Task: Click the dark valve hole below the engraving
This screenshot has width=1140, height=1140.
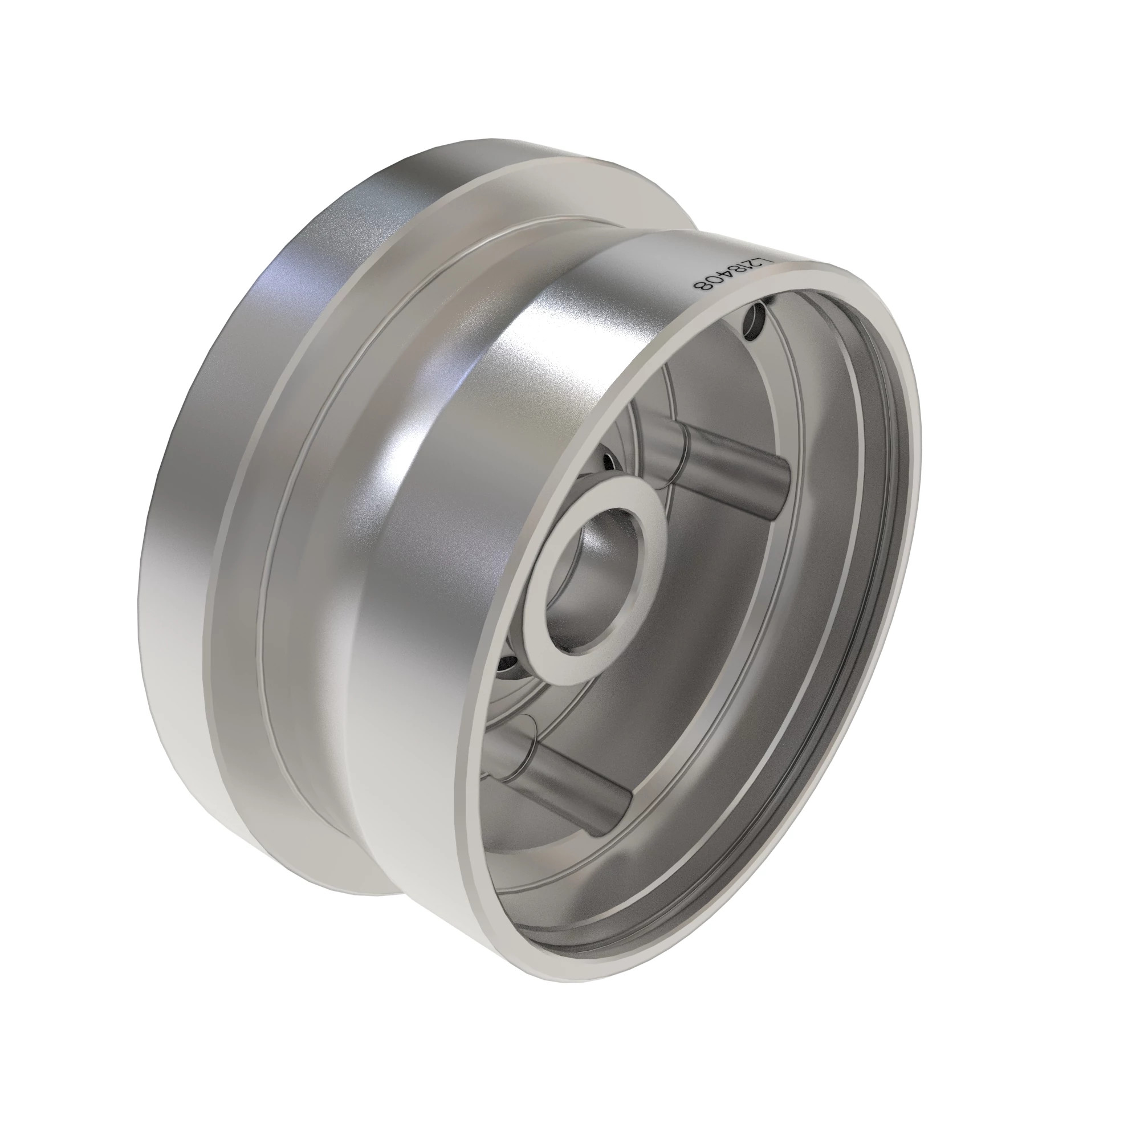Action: tap(755, 322)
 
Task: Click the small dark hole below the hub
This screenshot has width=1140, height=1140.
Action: tap(508, 667)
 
